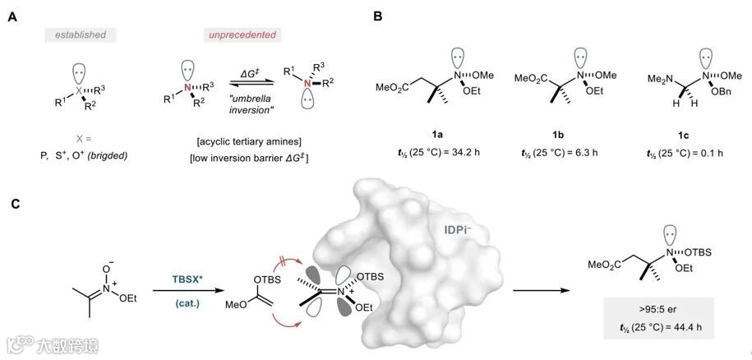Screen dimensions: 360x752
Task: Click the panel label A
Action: (13, 14)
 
